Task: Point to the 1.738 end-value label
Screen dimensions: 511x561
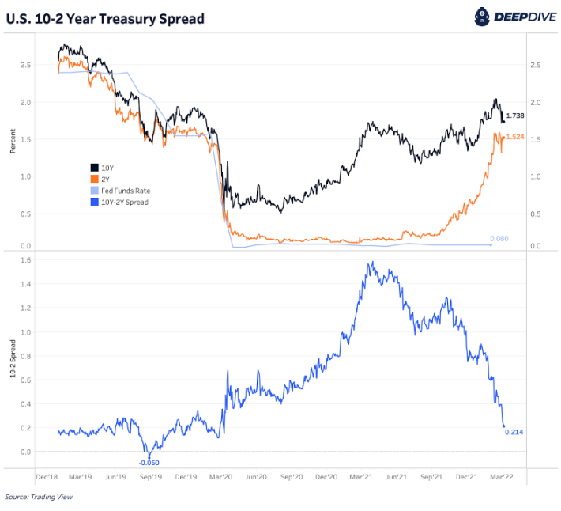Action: pos(515,116)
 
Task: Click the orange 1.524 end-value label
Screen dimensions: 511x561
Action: pos(515,137)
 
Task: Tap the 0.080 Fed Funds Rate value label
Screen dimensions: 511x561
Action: pos(499,239)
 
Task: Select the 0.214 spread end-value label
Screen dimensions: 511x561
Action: pos(515,432)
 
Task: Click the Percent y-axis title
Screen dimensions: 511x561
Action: pos(13,141)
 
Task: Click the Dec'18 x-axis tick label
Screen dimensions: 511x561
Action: pos(47,478)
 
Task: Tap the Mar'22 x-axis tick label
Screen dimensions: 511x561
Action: pos(503,478)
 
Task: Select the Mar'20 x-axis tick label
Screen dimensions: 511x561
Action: pos(220,478)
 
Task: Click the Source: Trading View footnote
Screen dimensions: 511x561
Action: pos(39,498)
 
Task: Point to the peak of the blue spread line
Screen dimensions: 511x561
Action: pos(371,262)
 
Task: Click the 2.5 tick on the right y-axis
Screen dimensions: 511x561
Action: pos(537,65)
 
